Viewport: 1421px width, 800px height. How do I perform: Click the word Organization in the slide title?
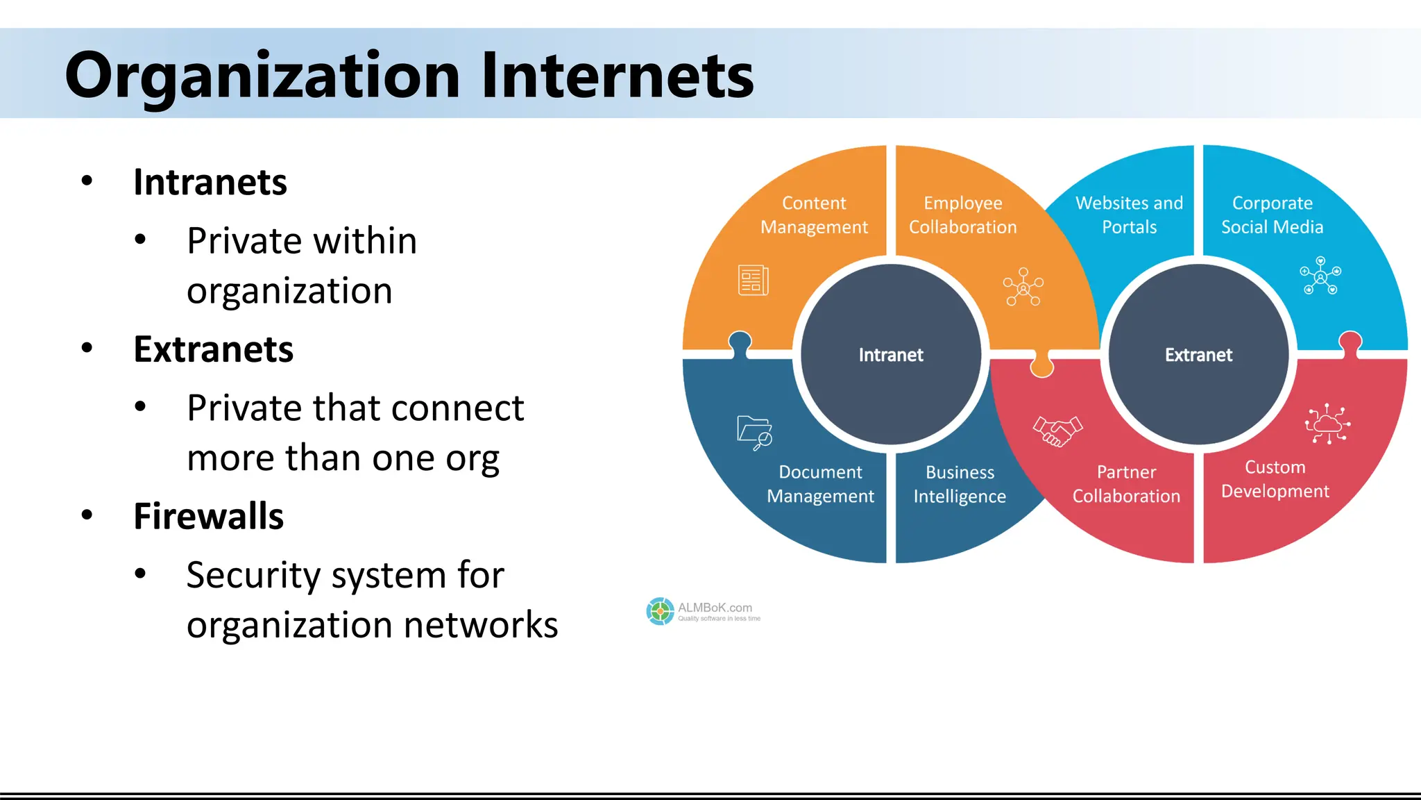tap(262, 75)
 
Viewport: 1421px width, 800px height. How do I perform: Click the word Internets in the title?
tap(617, 75)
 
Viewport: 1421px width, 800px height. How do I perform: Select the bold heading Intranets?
tap(210, 182)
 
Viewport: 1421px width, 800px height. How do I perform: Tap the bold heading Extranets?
tap(213, 349)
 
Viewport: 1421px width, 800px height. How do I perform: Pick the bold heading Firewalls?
tap(208, 516)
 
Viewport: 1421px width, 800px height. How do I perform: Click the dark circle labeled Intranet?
tap(891, 355)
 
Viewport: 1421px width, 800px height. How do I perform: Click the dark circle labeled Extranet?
tap(1198, 355)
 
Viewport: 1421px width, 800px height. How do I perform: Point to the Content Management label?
tap(814, 215)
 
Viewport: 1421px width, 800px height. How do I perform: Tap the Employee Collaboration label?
tap(962, 215)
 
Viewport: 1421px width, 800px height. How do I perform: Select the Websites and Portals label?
tap(1129, 215)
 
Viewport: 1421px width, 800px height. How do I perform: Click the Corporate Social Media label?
tap(1272, 215)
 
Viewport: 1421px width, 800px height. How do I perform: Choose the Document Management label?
tap(820, 484)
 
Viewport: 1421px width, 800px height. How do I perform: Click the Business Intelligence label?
tap(960, 484)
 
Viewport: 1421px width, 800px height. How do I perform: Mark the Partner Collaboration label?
tap(1126, 484)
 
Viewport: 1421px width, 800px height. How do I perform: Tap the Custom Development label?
tap(1275, 479)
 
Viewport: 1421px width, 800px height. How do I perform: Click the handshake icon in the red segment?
tap(1057, 431)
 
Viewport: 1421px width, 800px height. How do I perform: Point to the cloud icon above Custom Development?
tap(1327, 424)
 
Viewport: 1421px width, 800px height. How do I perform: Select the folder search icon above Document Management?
tap(754, 433)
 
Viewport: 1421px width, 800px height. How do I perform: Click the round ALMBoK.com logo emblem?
tap(660, 611)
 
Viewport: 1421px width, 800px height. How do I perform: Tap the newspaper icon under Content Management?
tap(753, 280)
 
